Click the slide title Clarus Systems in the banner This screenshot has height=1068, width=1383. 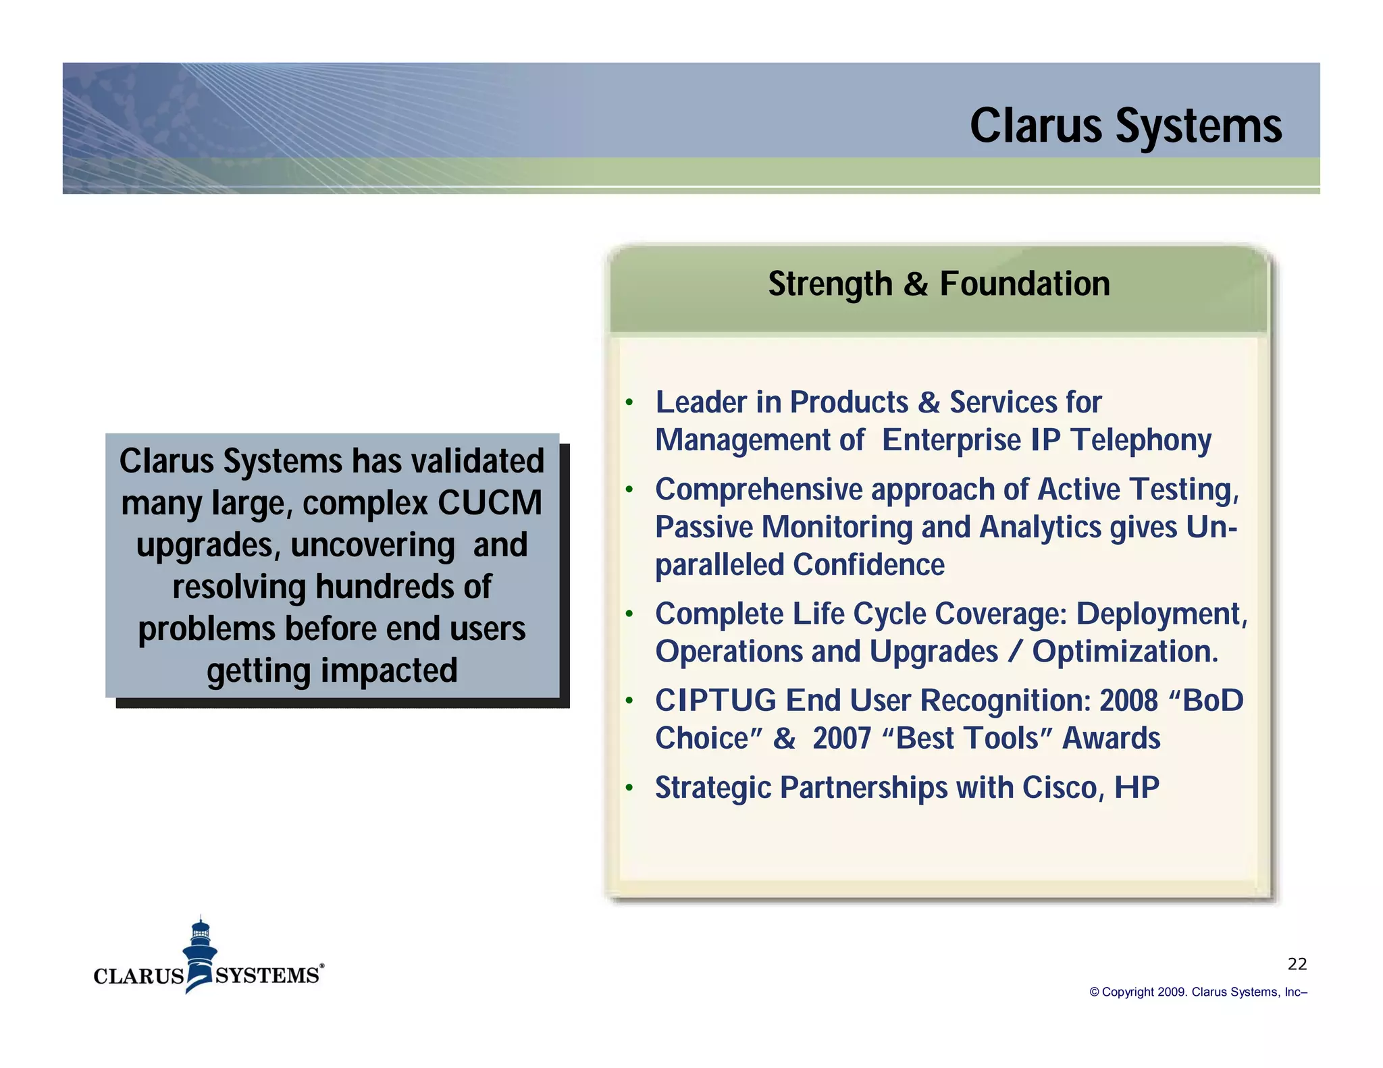click(x=1125, y=126)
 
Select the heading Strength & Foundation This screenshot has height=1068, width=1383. click(x=939, y=284)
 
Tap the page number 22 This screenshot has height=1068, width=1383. click(x=1297, y=964)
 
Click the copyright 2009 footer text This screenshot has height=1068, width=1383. click(x=1198, y=992)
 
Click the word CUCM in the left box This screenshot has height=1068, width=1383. click(x=490, y=503)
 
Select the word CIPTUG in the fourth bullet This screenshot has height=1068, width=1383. click(x=715, y=701)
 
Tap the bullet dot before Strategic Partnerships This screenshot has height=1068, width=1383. click(x=629, y=787)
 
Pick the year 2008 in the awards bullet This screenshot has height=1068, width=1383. click(x=1128, y=701)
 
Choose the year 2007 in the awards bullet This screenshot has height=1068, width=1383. click(x=841, y=739)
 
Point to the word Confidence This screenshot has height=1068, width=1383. click(x=868, y=565)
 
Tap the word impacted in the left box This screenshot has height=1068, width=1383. click(x=389, y=671)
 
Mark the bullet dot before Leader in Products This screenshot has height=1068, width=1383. click(x=629, y=403)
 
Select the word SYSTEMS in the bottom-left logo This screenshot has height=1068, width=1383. click(x=267, y=976)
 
